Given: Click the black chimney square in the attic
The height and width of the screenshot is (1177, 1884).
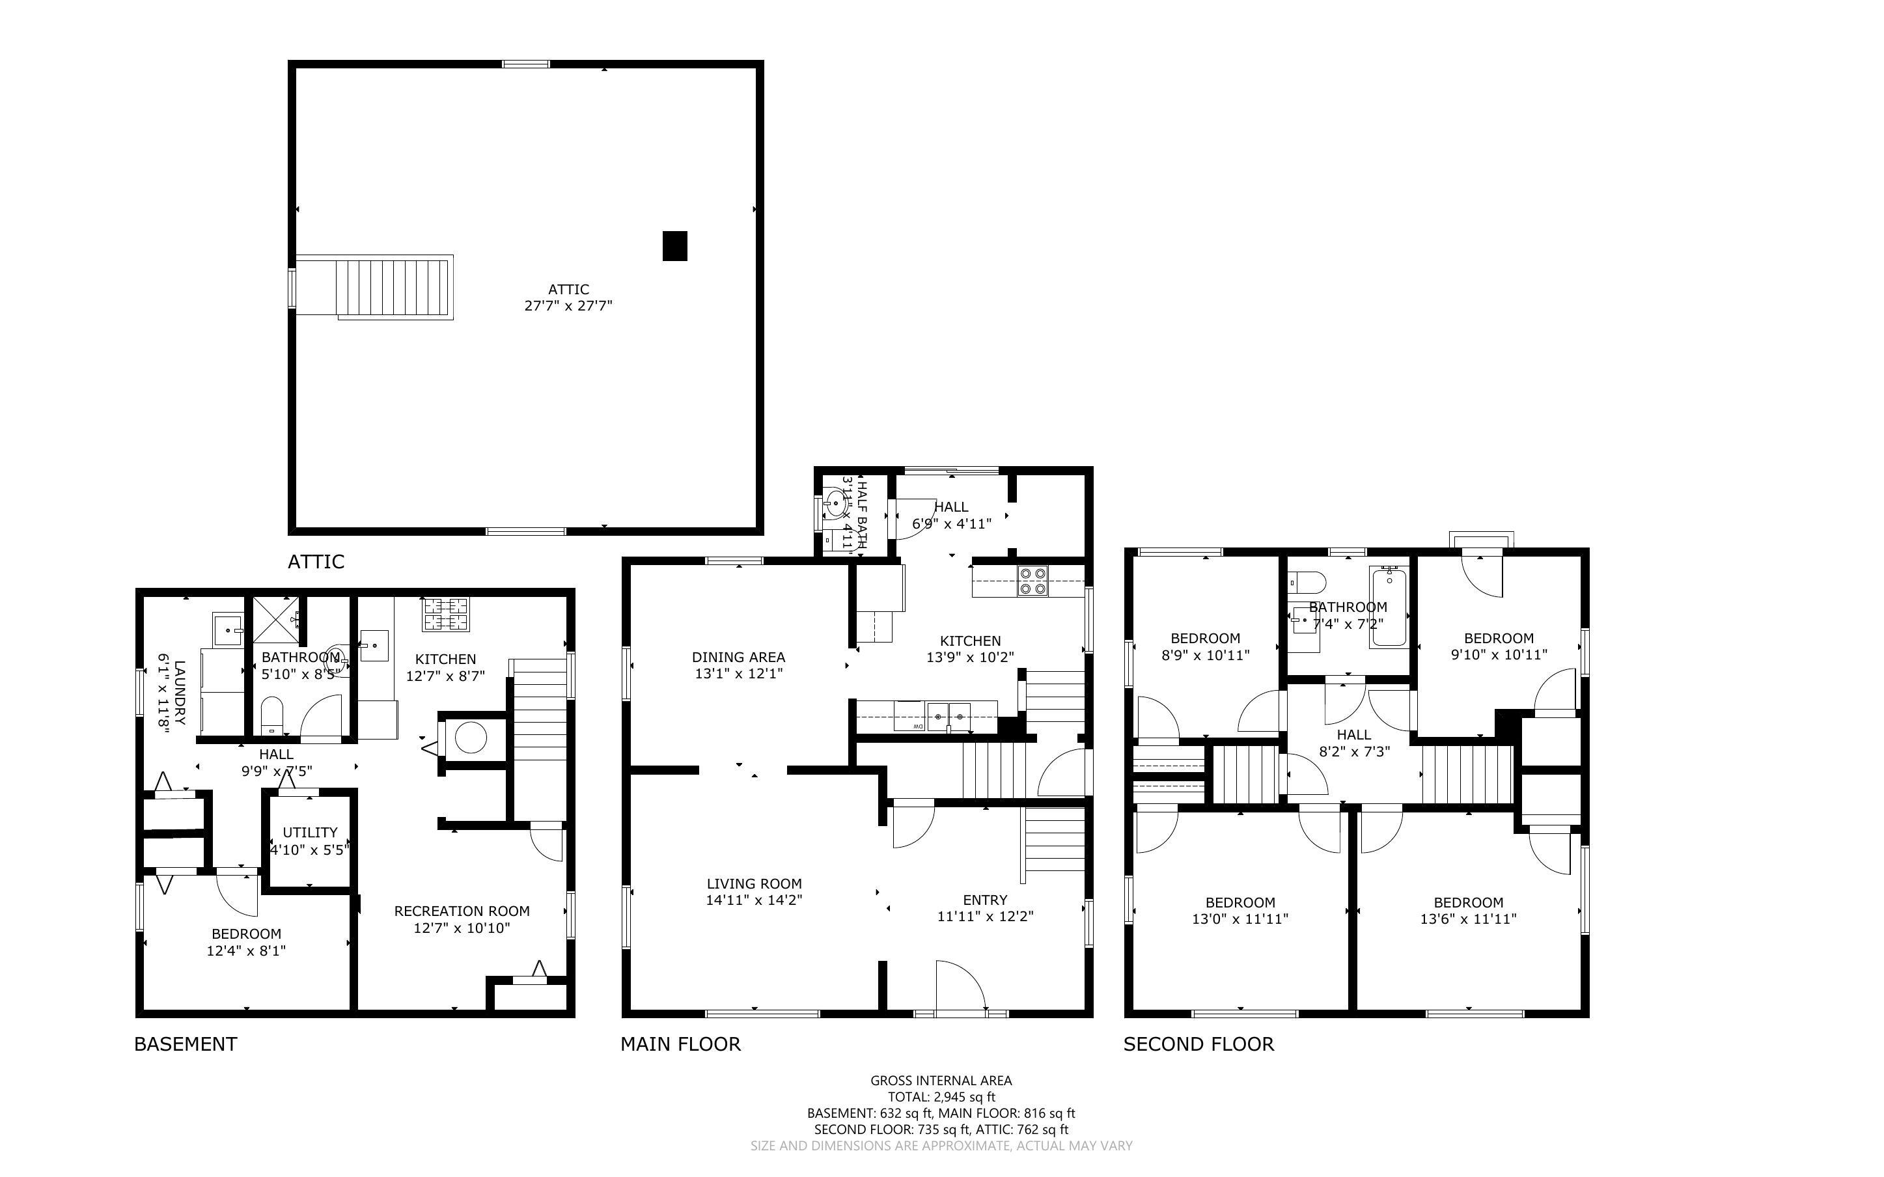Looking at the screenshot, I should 674,246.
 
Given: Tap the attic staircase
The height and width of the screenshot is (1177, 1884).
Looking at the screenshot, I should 395,288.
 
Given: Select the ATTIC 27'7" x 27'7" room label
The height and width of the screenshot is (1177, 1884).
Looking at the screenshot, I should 568,298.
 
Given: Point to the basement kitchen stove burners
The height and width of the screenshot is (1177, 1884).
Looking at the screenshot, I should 446,614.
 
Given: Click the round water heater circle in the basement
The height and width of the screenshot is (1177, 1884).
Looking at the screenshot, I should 471,737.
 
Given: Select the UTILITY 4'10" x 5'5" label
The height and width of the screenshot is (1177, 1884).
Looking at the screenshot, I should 310,840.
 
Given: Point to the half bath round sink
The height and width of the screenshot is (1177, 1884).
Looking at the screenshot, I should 835,503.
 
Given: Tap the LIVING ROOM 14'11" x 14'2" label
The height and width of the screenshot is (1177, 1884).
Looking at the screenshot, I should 753,891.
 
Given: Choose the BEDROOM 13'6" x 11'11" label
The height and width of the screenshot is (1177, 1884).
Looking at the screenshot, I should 1467,910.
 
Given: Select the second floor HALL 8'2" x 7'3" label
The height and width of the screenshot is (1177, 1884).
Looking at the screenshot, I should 1354,743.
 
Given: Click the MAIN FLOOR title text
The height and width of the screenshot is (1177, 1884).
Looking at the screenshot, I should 680,1045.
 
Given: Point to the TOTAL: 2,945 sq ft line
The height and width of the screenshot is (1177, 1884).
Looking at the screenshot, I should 941,1097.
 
